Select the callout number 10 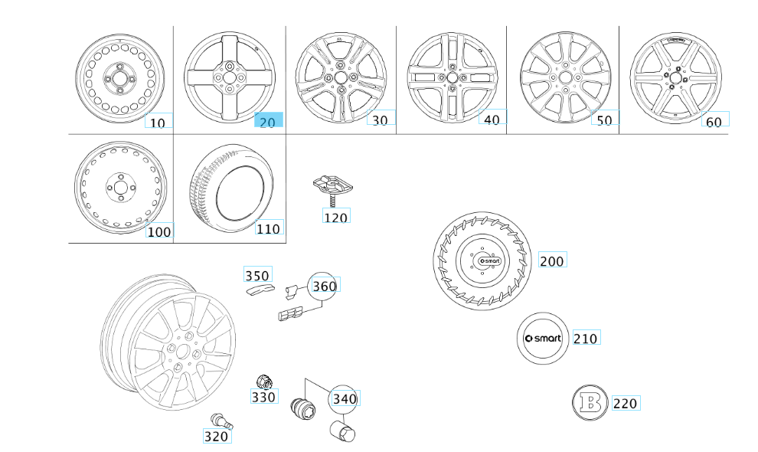pos(158,121)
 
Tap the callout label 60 pos(715,120)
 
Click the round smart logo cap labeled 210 pos(542,339)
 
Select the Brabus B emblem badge pos(590,403)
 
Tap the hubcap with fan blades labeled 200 pos(483,263)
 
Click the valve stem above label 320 pos(222,421)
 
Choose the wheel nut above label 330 pos(264,380)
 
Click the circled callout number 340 pos(344,399)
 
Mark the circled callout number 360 pos(322,287)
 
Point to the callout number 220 pos(625,403)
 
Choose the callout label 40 pos(492,119)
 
